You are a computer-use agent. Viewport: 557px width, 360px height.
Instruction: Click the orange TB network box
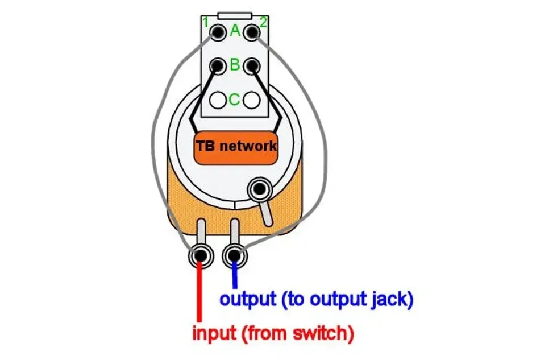[x=235, y=146]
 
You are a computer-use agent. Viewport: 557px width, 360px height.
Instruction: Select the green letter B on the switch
[x=235, y=65]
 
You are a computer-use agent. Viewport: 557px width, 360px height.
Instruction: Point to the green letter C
[x=234, y=100]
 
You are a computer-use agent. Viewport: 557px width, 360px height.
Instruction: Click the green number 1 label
[x=206, y=23]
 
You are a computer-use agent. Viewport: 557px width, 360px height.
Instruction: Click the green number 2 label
[x=263, y=23]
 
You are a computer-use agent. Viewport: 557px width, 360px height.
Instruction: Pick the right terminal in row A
[x=251, y=32]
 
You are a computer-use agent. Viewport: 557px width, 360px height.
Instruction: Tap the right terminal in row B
[x=251, y=66]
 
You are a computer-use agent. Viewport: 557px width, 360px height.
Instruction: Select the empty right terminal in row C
[x=251, y=100]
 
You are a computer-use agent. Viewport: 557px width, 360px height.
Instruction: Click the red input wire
[x=199, y=296]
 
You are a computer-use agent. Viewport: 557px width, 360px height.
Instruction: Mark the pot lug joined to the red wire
[x=200, y=254]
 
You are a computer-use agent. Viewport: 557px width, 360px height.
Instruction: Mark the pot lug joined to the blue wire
[x=234, y=254]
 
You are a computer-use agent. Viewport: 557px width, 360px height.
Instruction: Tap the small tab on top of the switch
[x=235, y=14]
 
